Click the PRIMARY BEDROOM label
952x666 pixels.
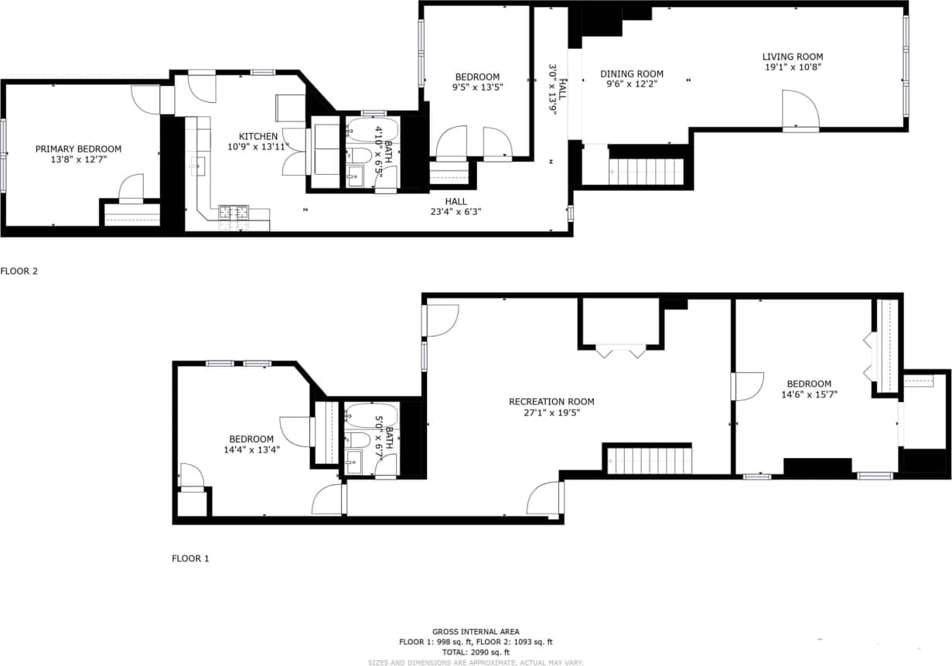(78, 149)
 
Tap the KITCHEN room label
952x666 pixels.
(258, 136)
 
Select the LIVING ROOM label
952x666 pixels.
(792, 56)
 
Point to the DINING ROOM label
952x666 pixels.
(632, 74)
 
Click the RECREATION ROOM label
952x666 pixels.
(551, 401)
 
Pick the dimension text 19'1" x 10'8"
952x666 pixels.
(792, 67)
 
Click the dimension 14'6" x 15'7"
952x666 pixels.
(809, 394)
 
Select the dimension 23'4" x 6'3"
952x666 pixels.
(456, 212)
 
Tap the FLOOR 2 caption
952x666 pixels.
(19, 272)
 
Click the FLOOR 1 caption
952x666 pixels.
(190, 558)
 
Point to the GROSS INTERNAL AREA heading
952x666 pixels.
(476, 632)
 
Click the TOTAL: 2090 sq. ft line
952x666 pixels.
(476, 652)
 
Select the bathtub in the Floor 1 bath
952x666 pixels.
(368, 415)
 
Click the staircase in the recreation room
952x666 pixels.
(648, 459)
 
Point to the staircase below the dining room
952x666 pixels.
(647, 172)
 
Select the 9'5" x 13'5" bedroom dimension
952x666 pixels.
(477, 87)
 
